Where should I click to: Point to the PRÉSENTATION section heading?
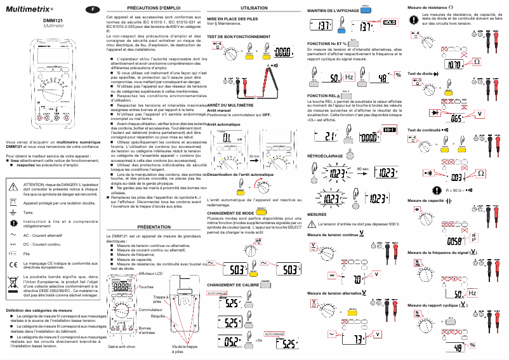click(154, 227)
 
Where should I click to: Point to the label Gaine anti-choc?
click(121, 347)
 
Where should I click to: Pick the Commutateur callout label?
click(152, 309)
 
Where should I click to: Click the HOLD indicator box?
click(388, 22)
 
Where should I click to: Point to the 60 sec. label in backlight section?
click(363, 168)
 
